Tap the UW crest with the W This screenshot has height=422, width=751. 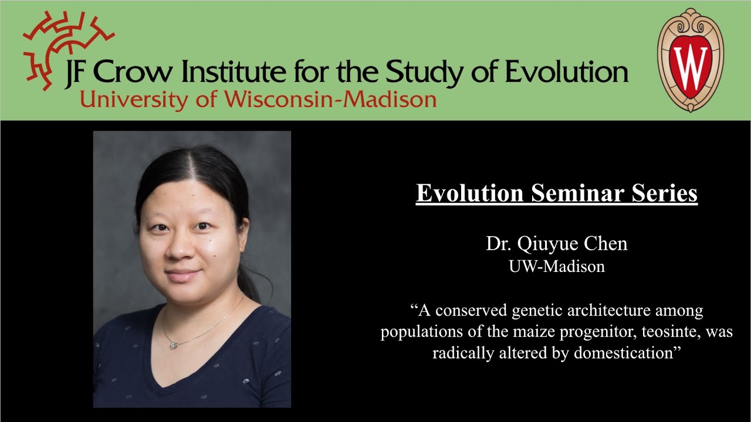(690, 61)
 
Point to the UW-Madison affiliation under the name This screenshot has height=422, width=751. (557, 266)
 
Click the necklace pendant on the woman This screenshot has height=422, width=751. (174, 345)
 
